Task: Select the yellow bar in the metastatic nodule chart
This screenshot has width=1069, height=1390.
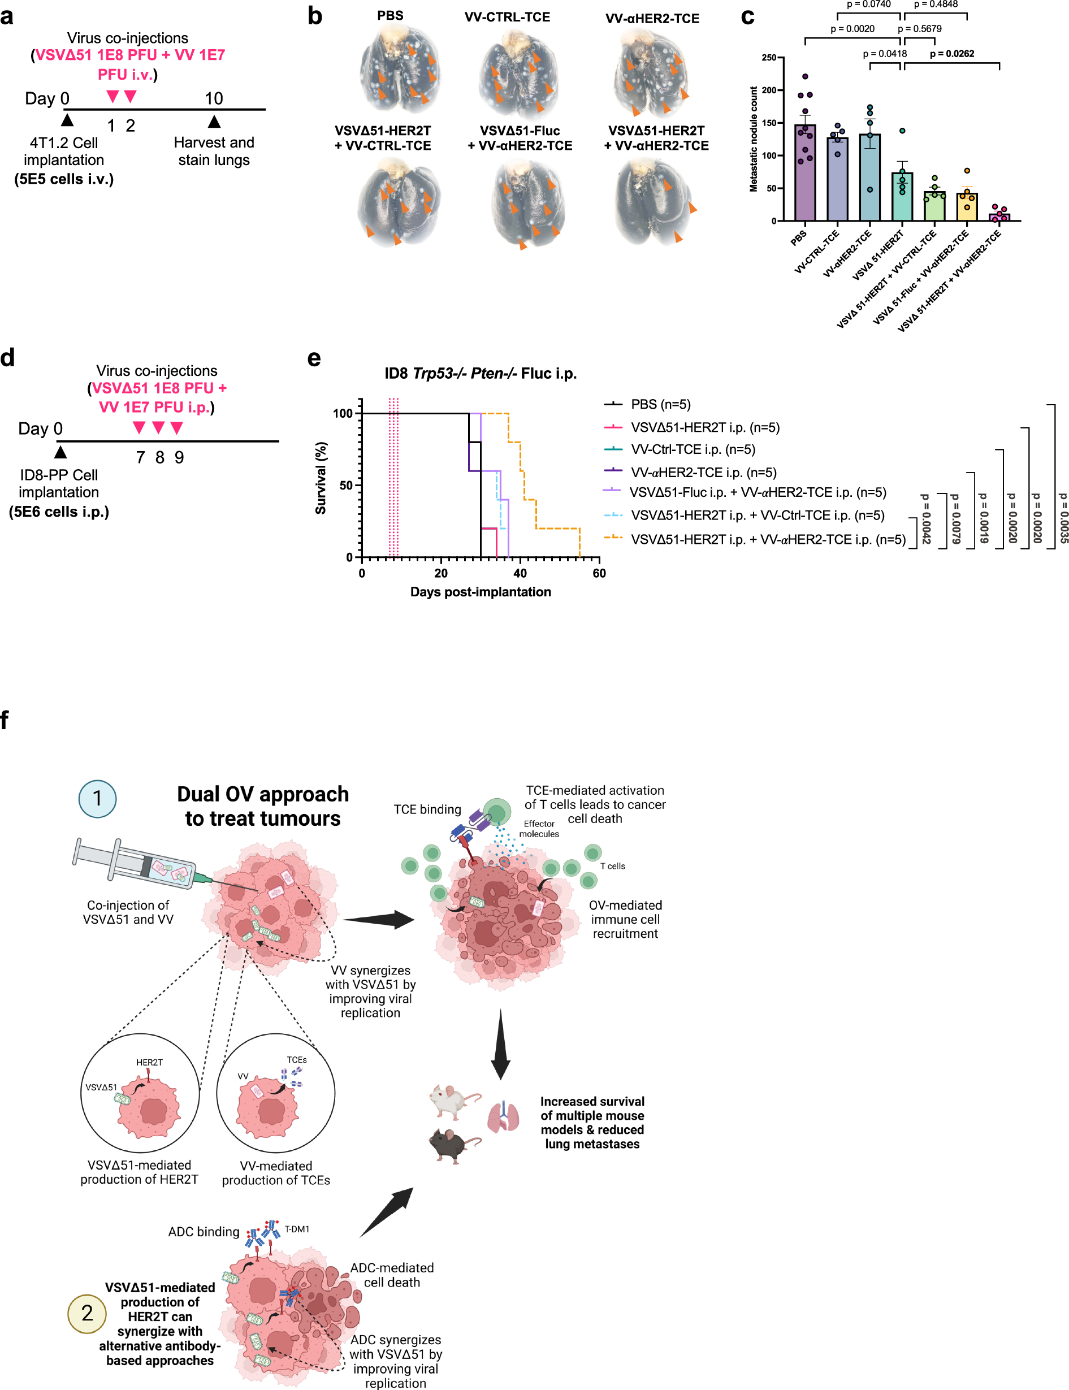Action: [x=967, y=207]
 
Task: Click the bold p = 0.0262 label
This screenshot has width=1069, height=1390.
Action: [x=951, y=54]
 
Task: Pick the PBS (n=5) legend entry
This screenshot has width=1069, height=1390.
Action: [x=660, y=404]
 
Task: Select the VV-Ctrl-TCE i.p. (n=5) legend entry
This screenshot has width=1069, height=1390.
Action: [x=693, y=450]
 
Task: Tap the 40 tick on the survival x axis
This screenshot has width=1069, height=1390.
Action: [x=520, y=573]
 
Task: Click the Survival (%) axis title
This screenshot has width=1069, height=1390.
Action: [x=321, y=478]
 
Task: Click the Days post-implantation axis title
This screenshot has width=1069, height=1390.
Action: [x=481, y=592]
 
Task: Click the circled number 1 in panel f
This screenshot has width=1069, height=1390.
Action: [x=97, y=798]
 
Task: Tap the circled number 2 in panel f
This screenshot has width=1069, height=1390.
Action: [x=87, y=1313]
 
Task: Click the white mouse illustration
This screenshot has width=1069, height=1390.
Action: [x=452, y=1102]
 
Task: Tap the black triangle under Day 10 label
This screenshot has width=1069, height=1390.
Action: [x=214, y=122]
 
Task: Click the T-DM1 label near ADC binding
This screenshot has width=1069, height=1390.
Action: [x=297, y=1229]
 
